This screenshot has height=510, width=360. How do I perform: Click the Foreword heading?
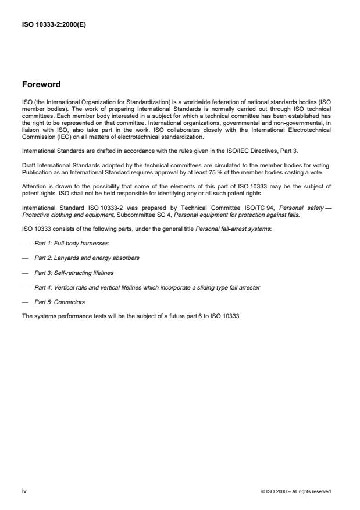(x=41, y=84)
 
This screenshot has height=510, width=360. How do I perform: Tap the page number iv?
(x=24, y=491)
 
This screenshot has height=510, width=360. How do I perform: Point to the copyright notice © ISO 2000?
(x=296, y=491)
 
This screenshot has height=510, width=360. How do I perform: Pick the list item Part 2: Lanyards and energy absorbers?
(x=87, y=257)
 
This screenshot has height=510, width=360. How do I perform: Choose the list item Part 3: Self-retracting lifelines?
(x=73, y=272)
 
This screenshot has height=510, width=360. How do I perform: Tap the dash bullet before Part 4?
(x=24, y=287)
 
